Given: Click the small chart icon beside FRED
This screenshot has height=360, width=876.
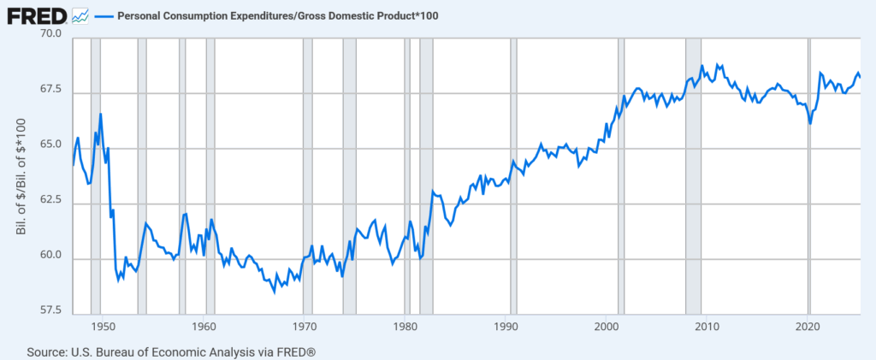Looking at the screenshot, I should coord(81,15).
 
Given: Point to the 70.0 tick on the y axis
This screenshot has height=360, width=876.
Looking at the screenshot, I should coord(50,35).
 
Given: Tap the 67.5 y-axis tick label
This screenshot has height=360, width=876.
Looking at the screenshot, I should coord(50,90).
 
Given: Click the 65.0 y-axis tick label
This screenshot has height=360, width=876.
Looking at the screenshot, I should coord(50,145).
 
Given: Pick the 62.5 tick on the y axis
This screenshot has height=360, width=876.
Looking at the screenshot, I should coord(50,200).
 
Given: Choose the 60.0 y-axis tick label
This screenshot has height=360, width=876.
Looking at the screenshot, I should coord(50,256).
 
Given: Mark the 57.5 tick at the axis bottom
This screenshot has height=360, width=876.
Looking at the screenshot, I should coord(50,310).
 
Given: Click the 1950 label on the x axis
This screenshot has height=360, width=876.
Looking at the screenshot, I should coord(102,326).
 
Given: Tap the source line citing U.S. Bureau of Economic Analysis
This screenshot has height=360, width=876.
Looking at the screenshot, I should coord(172,351).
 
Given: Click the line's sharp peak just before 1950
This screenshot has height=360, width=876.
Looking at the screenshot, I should coord(101,114).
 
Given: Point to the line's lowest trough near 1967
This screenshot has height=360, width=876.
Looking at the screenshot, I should coord(275,292).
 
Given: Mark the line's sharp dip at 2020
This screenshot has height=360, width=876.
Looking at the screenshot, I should coord(810,124).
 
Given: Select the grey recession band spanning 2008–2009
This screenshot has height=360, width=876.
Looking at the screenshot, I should coord(694,171).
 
